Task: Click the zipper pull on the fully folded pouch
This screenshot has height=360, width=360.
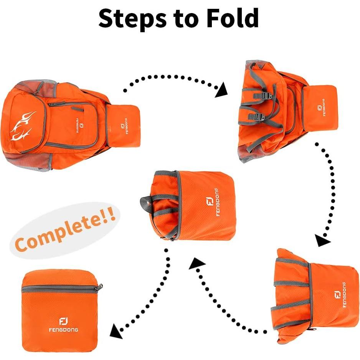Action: pos(101,286)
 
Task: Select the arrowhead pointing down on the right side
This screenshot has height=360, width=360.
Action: pos(322,240)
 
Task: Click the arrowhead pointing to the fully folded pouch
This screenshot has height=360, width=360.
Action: pos(116,331)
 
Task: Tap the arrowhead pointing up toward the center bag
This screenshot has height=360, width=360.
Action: pos(197,265)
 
